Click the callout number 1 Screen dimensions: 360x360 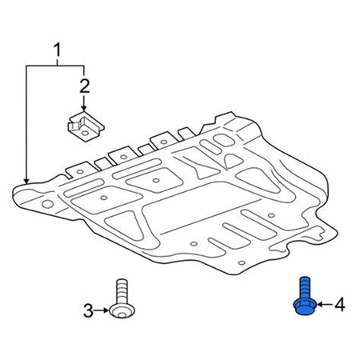click(x=58, y=50)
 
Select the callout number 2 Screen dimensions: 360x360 click(x=85, y=86)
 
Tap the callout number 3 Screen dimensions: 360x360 click(x=88, y=311)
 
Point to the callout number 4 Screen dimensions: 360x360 click(x=340, y=305)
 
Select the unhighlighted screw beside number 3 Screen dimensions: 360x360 click(x=122, y=298)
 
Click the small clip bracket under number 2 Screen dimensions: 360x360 click(x=86, y=126)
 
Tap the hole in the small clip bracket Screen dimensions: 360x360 click(x=85, y=133)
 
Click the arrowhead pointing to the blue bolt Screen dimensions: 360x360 click(x=319, y=304)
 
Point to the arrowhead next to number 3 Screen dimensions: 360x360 click(x=106, y=310)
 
